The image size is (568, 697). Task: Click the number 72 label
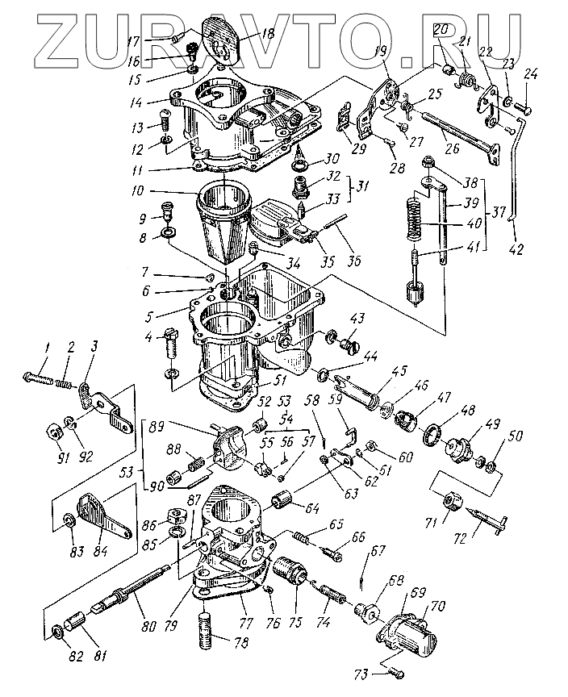coord(484,533)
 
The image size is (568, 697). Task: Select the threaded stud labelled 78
coord(210,628)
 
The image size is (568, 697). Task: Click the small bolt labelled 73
coord(394,672)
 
